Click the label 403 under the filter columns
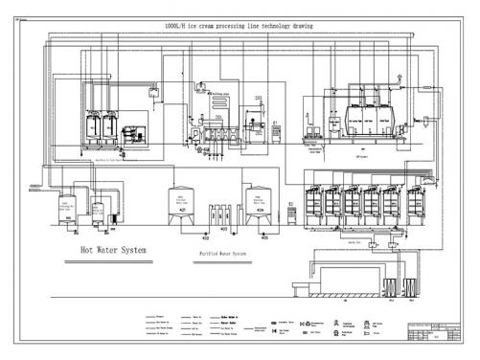[x=222, y=230]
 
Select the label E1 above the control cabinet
[x=276, y=123]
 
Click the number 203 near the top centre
[x=258, y=99]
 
